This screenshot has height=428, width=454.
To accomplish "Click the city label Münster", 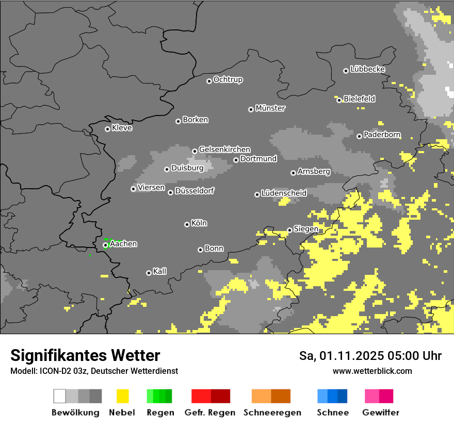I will (270, 108).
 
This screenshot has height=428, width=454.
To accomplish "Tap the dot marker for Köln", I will (187, 224).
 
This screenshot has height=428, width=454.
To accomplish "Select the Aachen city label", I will (123, 244).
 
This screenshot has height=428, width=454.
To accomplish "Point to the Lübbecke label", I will (367, 69).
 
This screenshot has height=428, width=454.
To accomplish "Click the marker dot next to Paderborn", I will (359, 136).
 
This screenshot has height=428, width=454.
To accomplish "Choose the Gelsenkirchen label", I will (224, 150).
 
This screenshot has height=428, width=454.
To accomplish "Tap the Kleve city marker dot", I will (107, 129).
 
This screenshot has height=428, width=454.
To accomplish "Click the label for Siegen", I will (306, 229).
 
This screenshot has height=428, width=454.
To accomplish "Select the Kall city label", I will (160, 271).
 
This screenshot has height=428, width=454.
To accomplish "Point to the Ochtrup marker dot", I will (209, 80).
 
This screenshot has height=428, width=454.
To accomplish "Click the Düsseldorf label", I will (194, 191).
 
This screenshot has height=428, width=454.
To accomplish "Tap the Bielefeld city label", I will (359, 98).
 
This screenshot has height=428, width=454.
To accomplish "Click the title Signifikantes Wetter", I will (85, 355).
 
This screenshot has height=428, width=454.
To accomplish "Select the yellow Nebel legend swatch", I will (122, 396).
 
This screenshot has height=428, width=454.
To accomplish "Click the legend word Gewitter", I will (381, 413).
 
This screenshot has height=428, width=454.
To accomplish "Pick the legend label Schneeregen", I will (272, 413).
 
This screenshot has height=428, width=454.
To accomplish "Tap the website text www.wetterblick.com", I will (372, 371).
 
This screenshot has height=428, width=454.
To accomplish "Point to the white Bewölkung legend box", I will (60, 396).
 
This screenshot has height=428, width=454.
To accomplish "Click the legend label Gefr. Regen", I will (210, 413).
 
